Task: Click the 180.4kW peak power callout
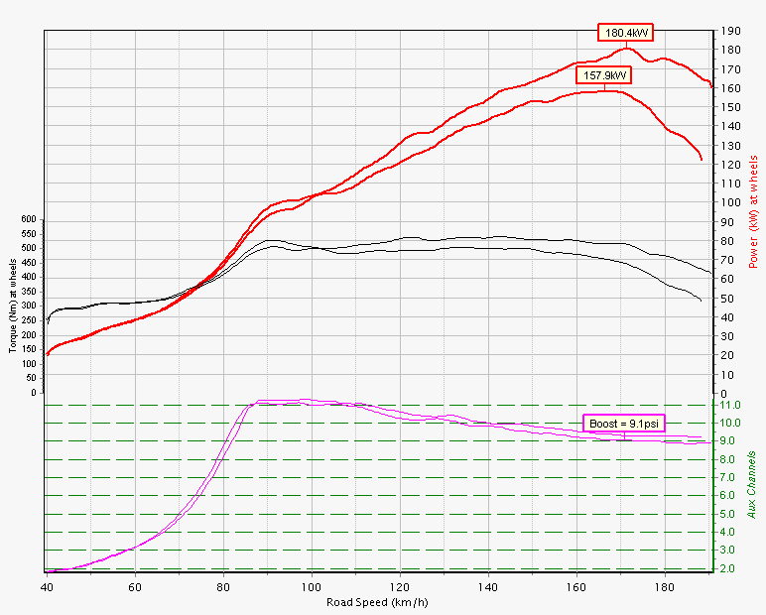[626, 32]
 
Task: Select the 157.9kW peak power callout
[605, 75]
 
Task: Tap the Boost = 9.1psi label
[624, 424]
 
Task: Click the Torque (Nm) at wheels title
[11, 299]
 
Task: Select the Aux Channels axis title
[752, 482]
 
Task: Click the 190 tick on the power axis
[731, 32]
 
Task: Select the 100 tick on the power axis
[731, 202]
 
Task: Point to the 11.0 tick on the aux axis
[730, 405]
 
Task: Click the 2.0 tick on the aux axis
[728, 568]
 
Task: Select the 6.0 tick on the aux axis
[728, 495]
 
